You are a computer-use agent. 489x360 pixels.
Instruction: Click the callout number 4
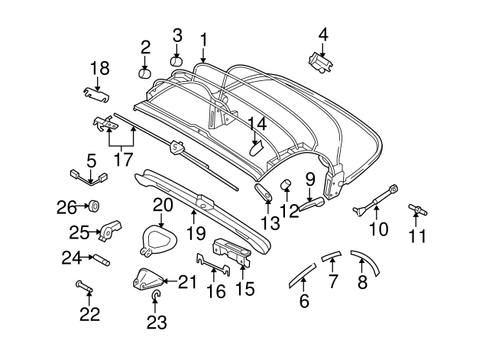pos(323,34)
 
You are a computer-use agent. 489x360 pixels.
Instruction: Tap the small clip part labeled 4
pos(320,60)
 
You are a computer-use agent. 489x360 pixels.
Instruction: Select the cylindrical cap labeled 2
pos(145,73)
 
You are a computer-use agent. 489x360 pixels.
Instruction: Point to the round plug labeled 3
pos(176,60)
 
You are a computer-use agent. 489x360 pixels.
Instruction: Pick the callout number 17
pos(122,161)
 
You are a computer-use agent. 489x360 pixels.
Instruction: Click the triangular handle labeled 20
pos(160,239)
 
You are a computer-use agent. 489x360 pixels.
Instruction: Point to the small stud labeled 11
pos(416,208)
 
